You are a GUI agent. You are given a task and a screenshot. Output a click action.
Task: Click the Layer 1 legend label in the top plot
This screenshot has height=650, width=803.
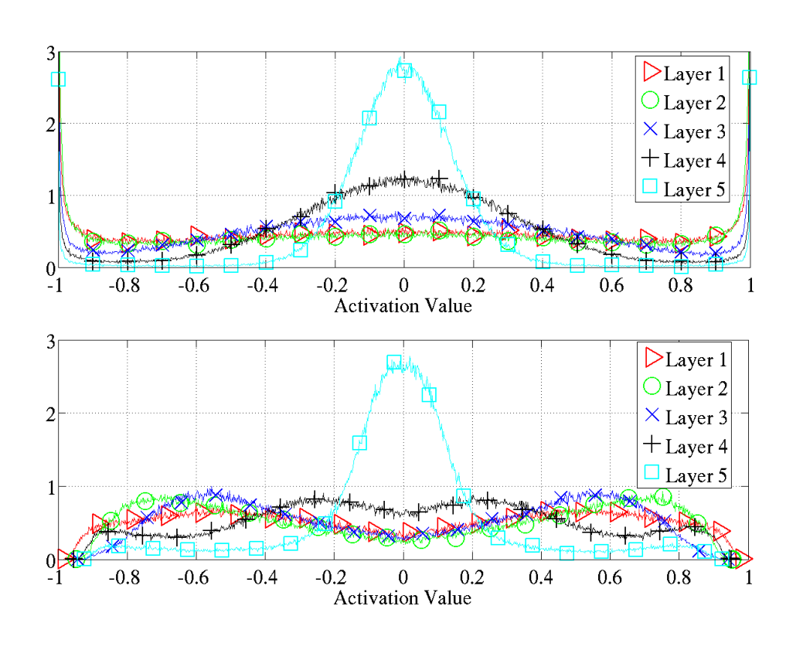tap(694, 74)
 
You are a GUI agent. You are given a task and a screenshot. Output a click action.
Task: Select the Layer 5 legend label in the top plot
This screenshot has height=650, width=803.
tap(694, 189)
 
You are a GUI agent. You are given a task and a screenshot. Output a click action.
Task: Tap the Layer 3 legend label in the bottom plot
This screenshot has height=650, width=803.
tap(696, 418)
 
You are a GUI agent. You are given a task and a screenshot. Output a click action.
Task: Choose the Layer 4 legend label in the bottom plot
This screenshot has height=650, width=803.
tap(696, 447)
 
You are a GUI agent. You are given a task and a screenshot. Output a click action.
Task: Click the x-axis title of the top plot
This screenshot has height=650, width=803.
tap(403, 306)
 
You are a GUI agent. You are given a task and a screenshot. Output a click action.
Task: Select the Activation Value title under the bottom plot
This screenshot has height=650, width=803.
tap(403, 597)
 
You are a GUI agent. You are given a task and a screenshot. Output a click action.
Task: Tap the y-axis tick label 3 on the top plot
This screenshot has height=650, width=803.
tap(50, 53)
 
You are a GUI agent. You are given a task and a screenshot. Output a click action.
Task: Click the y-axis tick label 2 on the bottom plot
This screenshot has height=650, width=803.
tap(50, 413)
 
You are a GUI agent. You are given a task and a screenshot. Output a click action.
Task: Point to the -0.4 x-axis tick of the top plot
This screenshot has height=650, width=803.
tap(265, 285)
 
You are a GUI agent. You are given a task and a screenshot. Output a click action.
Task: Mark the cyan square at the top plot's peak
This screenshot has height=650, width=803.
tap(404, 70)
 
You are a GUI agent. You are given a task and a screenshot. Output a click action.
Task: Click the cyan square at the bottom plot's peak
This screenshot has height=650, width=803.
tap(393, 362)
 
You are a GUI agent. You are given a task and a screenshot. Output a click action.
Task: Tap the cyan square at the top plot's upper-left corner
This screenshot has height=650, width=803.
tap(58, 79)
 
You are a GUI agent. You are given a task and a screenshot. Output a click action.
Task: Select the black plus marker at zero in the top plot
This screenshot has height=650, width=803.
tap(404, 180)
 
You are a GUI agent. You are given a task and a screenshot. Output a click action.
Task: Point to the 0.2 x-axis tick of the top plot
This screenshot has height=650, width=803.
tap(472, 285)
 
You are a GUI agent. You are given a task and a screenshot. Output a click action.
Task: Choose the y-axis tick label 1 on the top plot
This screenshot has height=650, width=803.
tap(50, 196)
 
